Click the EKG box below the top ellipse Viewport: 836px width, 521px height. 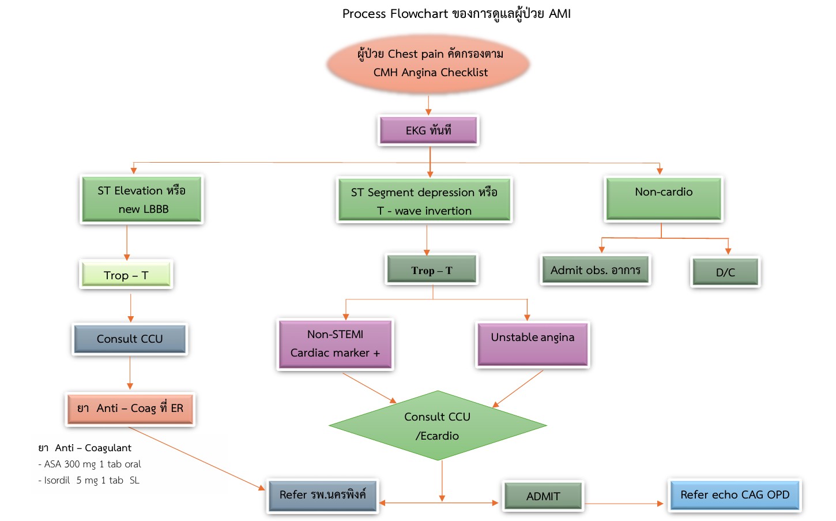click(x=428, y=130)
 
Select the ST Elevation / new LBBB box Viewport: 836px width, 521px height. click(x=141, y=200)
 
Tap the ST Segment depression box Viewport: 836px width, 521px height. click(x=424, y=201)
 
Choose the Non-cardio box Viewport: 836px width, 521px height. click(x=664, y=199)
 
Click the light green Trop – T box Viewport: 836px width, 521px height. click(x=126, y=275)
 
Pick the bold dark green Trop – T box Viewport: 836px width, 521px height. click(x=432, y=269)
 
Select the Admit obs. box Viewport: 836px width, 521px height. click(x=596, y=270)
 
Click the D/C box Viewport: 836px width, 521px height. click(x=725, y=272)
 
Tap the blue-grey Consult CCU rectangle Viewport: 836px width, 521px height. click(x=130, y=339)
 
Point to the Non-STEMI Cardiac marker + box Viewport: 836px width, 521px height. click(x=335, y=344)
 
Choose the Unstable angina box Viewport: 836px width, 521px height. click(x=533, y=344)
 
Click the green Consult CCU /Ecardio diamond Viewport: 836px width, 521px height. click(x=438, y=426)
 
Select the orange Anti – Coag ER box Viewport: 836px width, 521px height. click(x=130, y=408)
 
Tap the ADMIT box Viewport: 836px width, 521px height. click(x=543, y=496)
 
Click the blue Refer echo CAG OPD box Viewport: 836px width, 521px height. click(x=735, y=495)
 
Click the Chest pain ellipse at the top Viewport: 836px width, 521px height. click(x=429, y=63)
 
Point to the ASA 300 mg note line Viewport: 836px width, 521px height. click(x=89, y=464)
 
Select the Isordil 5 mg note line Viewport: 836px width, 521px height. click(x=89, y=480)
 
